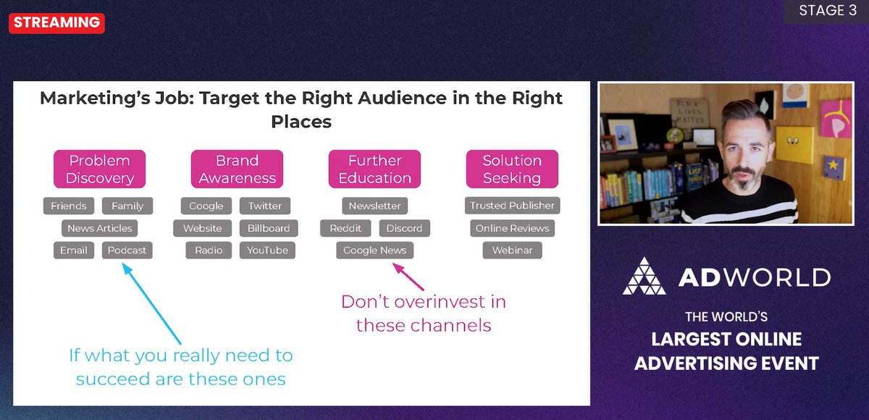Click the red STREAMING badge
point(57,22)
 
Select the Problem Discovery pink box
point(99,169)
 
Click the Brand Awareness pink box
point(237,169)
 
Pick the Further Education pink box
point(374,169)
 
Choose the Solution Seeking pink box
point(511,169)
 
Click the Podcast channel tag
point(127,251)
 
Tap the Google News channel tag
point(374,251)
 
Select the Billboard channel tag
point(268,228)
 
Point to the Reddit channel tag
point(345,228)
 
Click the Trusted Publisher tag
point(512,206)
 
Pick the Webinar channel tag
point(512,251)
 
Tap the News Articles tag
point(99,228)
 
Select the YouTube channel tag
point(267,251)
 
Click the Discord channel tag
point(404,228)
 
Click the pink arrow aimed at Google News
point(408,277)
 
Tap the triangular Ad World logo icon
point(644,276)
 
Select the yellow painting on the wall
point(794,144)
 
